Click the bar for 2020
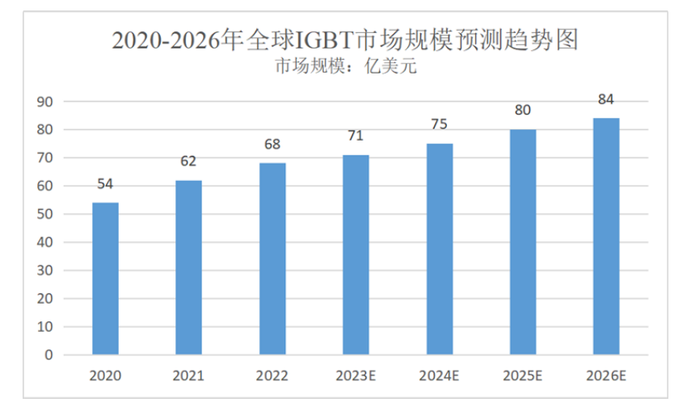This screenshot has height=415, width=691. (105, 279)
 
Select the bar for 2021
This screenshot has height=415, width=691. (188, 267)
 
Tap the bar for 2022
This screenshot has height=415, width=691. (272, 259)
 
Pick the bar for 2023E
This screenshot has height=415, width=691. (356, 254)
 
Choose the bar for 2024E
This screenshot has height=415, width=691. (440, 249)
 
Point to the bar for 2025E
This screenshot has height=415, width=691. (523, 242)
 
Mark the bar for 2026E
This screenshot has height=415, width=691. (606, 237)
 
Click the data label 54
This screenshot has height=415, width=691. (105, 184)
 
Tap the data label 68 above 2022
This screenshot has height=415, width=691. (272, 145)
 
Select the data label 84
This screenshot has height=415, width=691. (606, 100)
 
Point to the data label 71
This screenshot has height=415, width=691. (356, 136)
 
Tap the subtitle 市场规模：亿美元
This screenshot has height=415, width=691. (345, 67)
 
